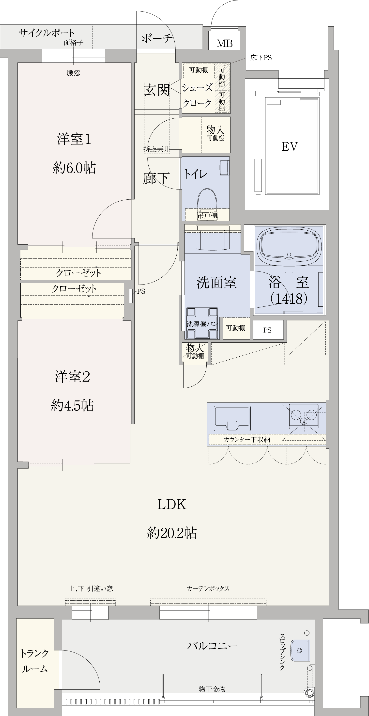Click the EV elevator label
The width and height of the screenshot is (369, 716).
pos(290,146)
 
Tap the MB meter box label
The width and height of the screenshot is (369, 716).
pos(225,43)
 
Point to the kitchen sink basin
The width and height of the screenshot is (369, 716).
pos(232,418)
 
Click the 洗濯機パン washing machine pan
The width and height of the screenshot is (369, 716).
pos(202,323)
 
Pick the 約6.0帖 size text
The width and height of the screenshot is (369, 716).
pos(75,168)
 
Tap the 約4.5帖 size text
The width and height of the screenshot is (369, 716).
pos(72,406)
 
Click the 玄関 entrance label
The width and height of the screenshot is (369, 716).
pos(157,90)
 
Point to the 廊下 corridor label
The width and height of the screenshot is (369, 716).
pos(156,178)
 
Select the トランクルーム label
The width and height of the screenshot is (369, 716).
pos(35,661)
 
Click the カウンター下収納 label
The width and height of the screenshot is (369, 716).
pos(247,439)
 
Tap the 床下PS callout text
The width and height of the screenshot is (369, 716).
pos(261,58)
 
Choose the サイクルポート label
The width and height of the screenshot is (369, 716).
pos(46,33)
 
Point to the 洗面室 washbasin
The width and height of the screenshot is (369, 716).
pos(213,238)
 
